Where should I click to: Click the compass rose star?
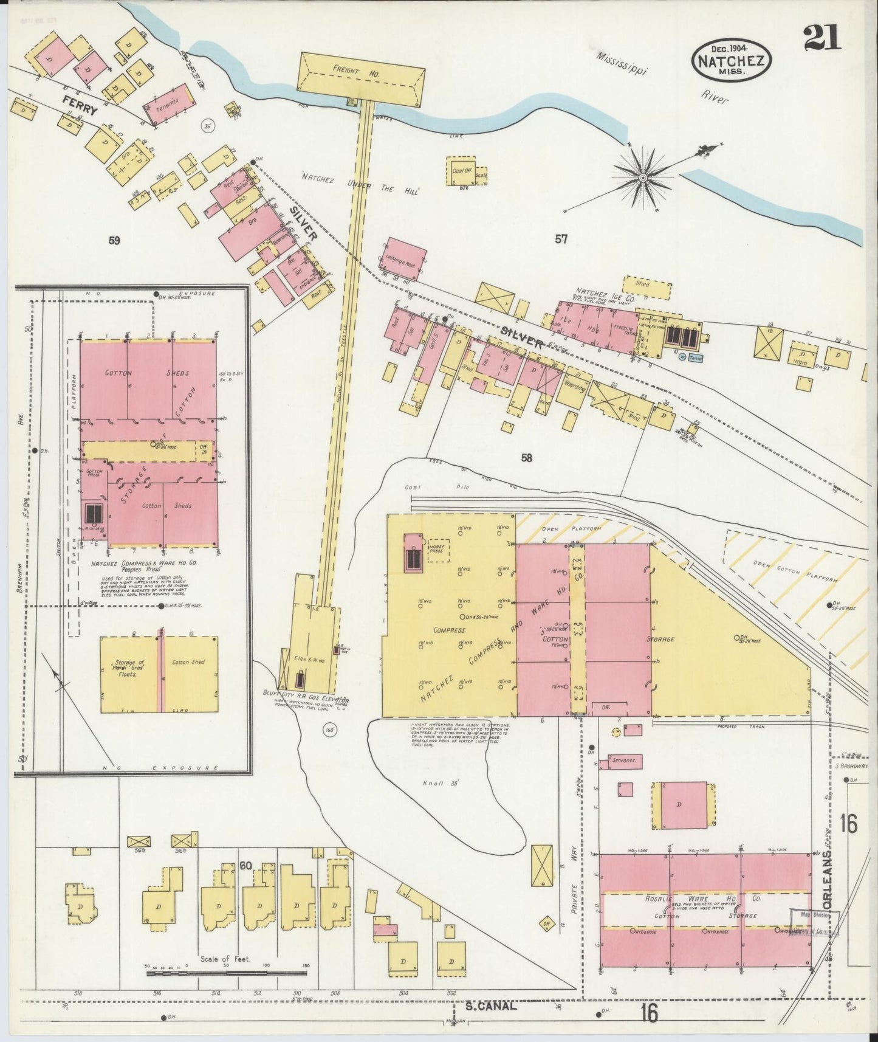[x=642, y=177]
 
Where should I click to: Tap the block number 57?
[x=561, y=240]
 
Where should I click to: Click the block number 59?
[x=114, y=241]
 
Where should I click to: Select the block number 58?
[x=526, y=458]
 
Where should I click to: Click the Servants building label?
[x=624, y=761]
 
